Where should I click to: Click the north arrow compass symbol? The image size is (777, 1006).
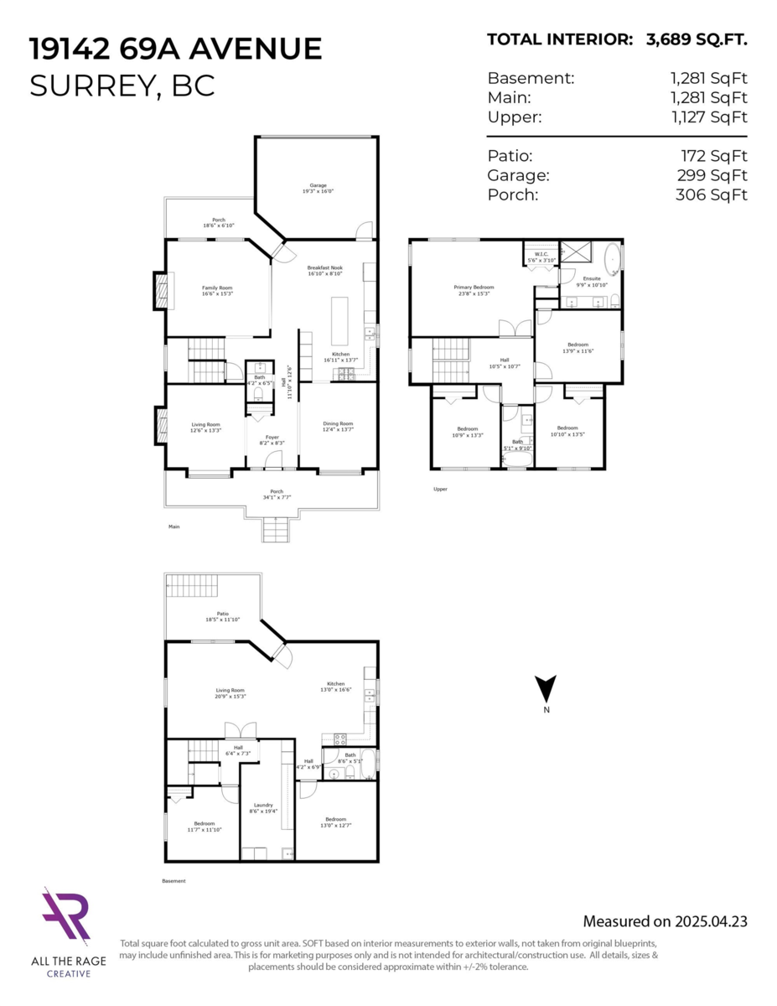[546, 689]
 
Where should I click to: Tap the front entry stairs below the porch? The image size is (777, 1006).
[275, 530]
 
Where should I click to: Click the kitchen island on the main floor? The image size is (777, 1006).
[340, 320]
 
